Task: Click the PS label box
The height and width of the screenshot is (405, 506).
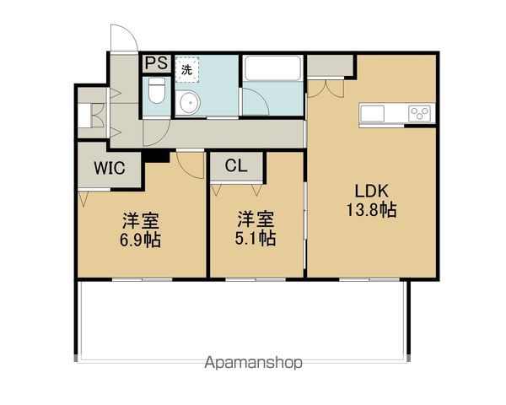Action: (x=156, y=63)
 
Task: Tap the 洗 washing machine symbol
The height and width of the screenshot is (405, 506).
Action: (x=186, y=70)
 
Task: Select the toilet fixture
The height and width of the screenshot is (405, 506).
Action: (x=156, y=92)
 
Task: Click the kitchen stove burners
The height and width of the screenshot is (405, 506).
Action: (x=419, y=112)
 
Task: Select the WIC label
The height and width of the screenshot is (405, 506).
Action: (x=109, y=168)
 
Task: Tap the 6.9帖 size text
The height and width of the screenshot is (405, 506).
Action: (x=140, y=240)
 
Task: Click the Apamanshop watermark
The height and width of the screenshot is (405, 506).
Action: (x=252, y=364)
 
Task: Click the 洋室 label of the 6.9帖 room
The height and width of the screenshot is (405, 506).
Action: (x=140, y=221)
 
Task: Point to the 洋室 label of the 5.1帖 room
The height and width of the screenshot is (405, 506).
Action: (x=256, y=220)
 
